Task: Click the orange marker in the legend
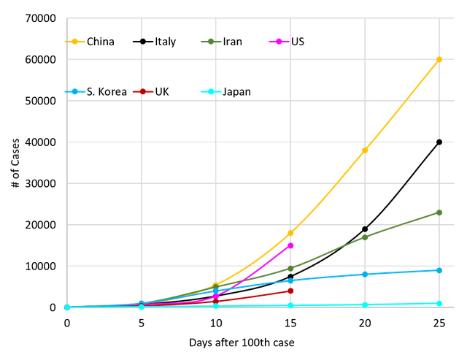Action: click(x=74, y=42)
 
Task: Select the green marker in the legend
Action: click(x=210, y=42)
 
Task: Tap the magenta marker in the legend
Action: click(x=278, y=42)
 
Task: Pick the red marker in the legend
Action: click(x=142, y=91)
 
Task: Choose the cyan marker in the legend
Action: click(x=210, y=91)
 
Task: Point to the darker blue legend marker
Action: click(x=74, y=91)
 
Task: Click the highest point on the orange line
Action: click(x=439, y=58)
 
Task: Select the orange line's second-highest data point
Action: click(x=366, y=149)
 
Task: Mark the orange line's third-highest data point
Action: click(x=291, y=234)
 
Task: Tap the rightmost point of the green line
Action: click(x=439, y=212)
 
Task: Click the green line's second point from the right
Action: click(x=366, y=237)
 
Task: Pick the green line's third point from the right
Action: click(x=291, y=268)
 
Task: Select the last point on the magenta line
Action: click(x=291, y=246)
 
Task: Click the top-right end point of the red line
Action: click(x=291, y=291)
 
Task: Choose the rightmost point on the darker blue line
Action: click(x=439, y=270)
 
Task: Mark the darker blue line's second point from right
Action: click(x=366, y=275)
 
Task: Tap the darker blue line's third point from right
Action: click(x=291, y=281)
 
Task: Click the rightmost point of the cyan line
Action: click(x=439, y=302)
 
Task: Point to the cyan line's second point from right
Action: click(x=366, y=305)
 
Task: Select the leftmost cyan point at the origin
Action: click(x=67, y=307)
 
